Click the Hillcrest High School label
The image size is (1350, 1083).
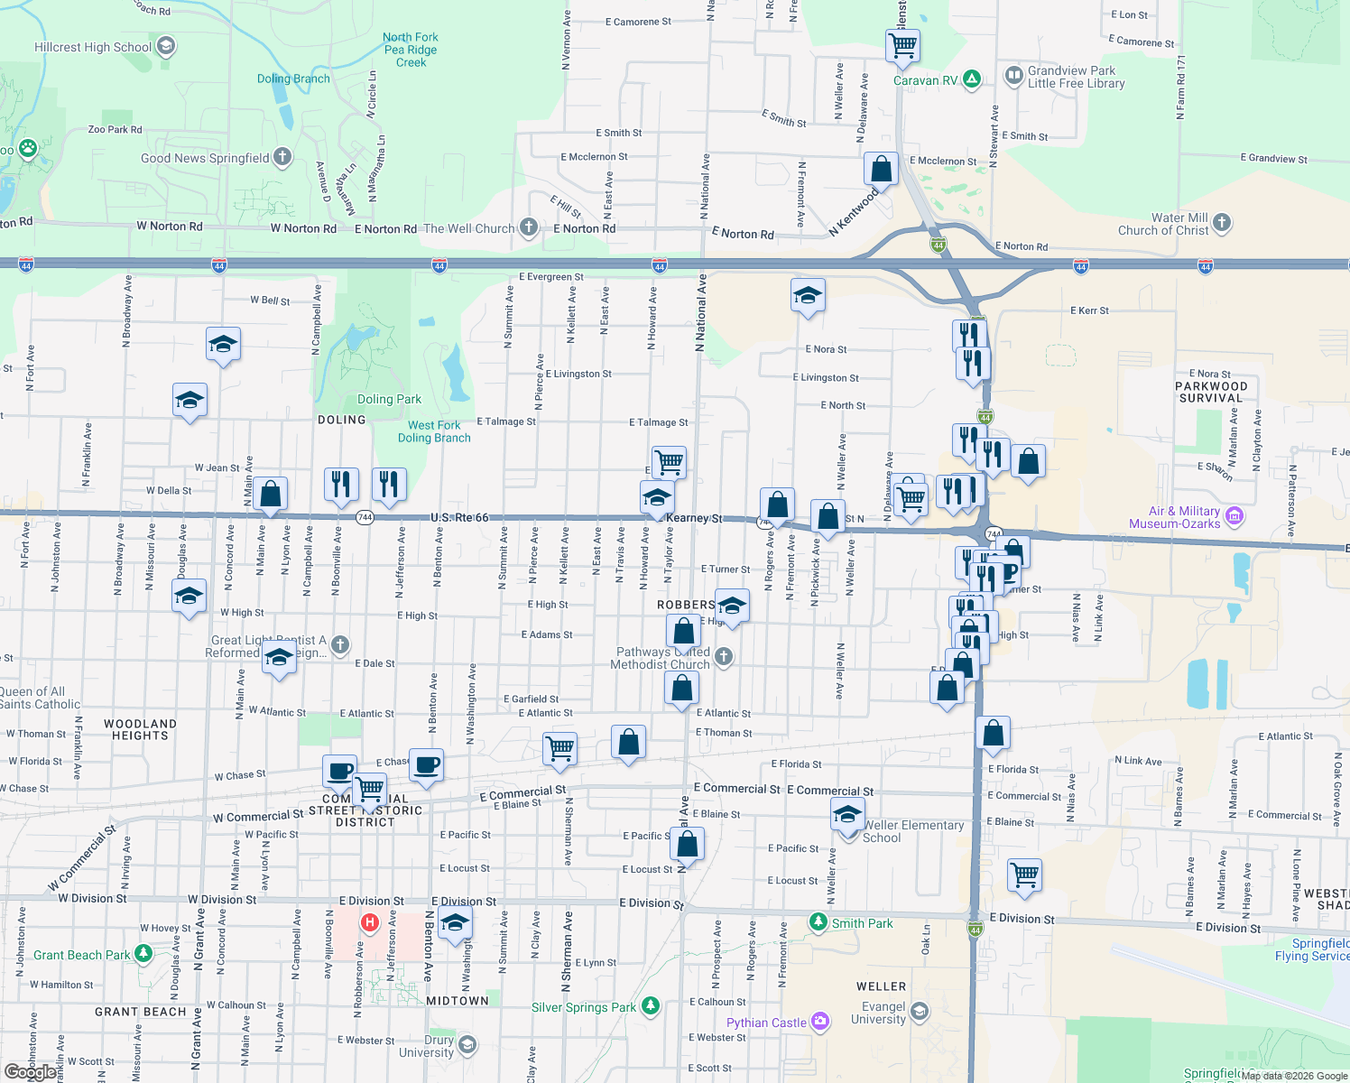pyautogui.click(x=93, y=47)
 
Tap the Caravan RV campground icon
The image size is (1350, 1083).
pyautogui.click(x=972, y=79)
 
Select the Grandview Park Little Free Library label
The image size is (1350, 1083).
pyautogui.click(x=1076, y=77)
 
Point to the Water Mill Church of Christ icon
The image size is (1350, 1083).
pyautogui.click(x=1222, y=222)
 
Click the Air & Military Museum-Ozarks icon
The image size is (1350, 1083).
pyautogui.click(x=1235, y=516)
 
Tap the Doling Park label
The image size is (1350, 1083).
pyautogui.click(x=389, y=399)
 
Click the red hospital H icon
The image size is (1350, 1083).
pyautogui.click(x=369, y=922)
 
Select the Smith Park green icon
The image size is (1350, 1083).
pyautogui.click(x=818, y=922)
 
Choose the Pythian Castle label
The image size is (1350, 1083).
pyautogui.click(x=766, y=1023)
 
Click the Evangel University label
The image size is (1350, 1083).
pyautogui.click(x=883, y=1013)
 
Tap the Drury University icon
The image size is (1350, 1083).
pyautogui.click(x=467, y=1044)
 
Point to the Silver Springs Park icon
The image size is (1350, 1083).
pyautogui.click(x=651, y=1006)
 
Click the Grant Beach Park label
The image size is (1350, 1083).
pyautogui.click(x=82, y=955)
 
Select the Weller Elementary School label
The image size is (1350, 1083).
pyautogui.click(x=913, y=831)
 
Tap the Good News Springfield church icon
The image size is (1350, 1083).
pyautogui.click(x=282, y=157)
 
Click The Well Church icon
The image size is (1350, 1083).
pyautogui.click(x=529, y=227)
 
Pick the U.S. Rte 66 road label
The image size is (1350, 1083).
pyautogui.click(x=459, y=517)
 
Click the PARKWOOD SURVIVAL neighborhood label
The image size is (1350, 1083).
pyautogui.click(x=1211, y=392)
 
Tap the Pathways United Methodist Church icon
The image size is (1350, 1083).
pyautogui.click(x=724, y=658)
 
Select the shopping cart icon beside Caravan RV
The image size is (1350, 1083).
pyautogui.click(x=902, y=45)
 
